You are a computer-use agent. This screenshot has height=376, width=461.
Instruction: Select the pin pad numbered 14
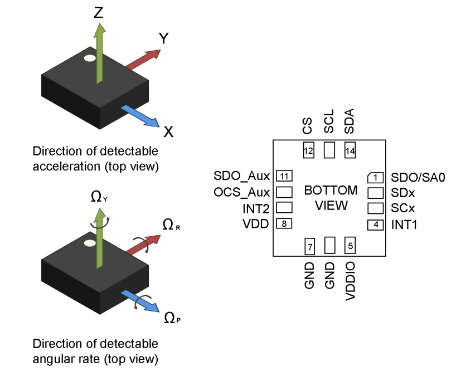pos(350,150)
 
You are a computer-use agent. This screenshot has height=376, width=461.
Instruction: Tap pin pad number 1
pos(376,178)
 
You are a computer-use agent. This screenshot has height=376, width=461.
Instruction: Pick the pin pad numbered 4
pos(376,225)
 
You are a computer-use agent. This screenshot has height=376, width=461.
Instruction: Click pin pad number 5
pos(350,245)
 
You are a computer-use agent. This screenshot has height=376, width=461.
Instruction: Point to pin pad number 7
pos(309,245)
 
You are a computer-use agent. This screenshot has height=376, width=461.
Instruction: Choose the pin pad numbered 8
pos(284,224)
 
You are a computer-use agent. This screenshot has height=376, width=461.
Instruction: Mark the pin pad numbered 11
pos(284,177)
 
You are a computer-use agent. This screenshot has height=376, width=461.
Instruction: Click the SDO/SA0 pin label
pos(419,178)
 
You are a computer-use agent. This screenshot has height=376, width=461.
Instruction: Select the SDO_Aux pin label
pos(241,177)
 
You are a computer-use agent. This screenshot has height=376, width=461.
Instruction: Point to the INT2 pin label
pos(256,208)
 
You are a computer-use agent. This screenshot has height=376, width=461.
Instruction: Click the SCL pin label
pos(329,121)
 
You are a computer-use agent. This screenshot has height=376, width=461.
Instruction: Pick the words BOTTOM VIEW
pos(331,198)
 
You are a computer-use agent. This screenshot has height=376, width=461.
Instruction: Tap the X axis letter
pos(168,132)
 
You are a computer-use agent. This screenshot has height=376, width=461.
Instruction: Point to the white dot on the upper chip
pos(89,58)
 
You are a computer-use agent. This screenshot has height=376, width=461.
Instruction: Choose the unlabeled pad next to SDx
pos(376,193)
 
